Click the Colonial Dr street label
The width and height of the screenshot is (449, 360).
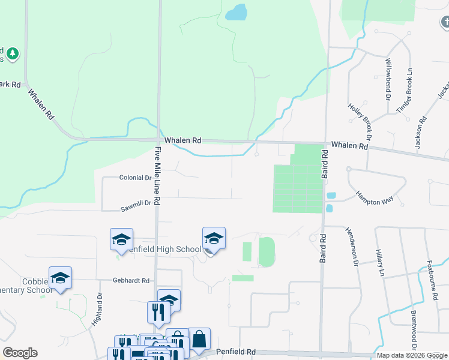coord(135,178)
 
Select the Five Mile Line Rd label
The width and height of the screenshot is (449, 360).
coord(158,177)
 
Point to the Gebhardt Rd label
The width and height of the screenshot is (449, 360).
coord(130,280)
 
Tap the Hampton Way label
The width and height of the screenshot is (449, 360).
coord(374,196)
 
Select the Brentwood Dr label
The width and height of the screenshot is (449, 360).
coord(414,330)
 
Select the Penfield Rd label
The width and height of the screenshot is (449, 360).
coord(238,352)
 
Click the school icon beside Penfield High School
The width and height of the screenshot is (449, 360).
coord(214,238)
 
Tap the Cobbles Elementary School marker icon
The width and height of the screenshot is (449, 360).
coord(60,278)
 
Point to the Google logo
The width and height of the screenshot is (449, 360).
coord(20,353)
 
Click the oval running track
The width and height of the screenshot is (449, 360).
coord(267,251)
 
